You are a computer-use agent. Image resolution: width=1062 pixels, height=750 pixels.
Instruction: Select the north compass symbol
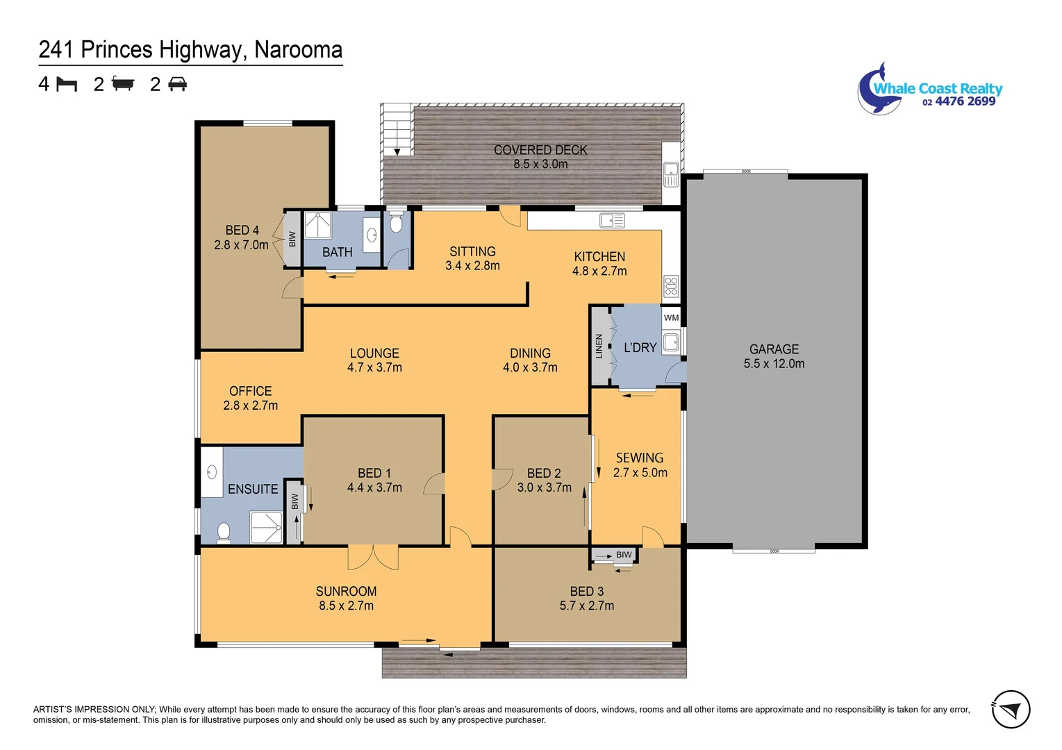coord(1011,709)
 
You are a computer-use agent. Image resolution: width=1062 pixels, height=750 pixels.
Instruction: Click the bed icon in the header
coord(67,84)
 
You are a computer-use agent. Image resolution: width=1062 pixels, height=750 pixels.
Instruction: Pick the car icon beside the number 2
coord(178,84)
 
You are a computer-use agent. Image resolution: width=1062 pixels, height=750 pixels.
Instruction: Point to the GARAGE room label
coord(774,349)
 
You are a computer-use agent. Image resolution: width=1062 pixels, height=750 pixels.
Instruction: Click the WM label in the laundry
coord(671,318)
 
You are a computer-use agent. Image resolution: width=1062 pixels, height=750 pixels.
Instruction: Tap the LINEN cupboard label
coord(599,346)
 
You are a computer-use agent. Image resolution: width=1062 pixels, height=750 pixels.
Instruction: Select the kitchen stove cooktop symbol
coord(671,286)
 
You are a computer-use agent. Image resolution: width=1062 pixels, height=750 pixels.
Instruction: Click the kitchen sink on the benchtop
coord(612,221)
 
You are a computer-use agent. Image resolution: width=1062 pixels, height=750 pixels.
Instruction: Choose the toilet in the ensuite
coord(224,533)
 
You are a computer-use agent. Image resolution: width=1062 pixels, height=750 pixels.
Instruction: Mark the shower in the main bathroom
coord(317,226)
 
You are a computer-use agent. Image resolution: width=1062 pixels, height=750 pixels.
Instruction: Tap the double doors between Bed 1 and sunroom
coord(373,556)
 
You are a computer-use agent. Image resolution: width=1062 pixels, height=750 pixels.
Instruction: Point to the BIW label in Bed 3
coord(624,555)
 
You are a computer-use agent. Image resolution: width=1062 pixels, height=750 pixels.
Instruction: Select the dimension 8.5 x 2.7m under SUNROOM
coord(346,606)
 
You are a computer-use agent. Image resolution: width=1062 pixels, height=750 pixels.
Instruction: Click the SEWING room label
coord(639,458)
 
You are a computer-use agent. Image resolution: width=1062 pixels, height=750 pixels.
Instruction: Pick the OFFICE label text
coord(250,391)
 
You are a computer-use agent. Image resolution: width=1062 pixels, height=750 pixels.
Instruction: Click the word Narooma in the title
coord(298,50)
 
